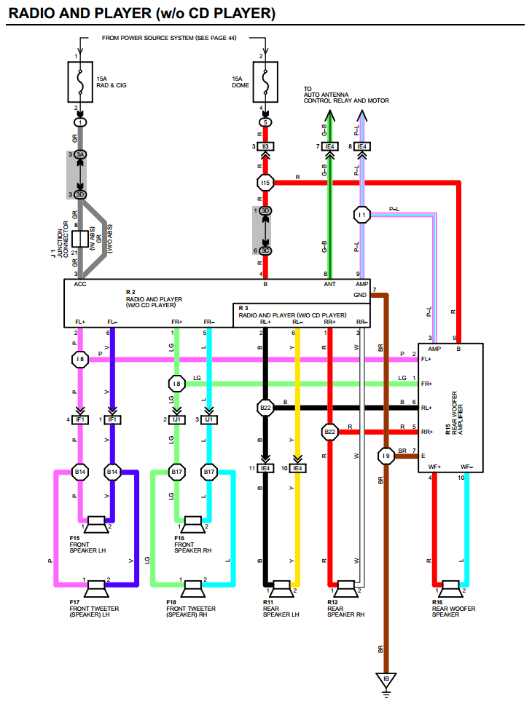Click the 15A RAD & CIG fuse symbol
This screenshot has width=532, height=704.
tap(80, 82)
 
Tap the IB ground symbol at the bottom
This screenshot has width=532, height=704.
tap(387, 679)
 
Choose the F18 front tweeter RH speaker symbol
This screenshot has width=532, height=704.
tap(192, 585)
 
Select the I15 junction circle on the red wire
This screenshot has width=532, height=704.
tap(265, 182)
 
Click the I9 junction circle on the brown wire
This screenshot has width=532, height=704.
tap(386, 456)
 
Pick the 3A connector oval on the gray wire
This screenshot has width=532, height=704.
tap(80, 154)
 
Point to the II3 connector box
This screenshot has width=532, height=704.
tap(266, 146)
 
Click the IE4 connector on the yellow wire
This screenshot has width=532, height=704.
tap(297, 468)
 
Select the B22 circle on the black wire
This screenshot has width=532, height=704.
tap(265, 408)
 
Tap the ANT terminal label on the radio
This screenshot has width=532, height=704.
tap(330, 284)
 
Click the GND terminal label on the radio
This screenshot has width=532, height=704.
tap(360, 295)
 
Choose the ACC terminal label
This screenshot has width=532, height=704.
tap(80, 284)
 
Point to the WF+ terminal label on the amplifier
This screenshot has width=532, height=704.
tap(434, 467)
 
